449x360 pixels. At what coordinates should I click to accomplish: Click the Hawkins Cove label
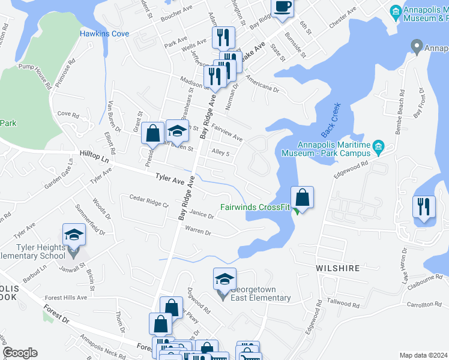[x=104, y=34]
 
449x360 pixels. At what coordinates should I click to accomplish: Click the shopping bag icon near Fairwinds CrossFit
[x=303, y=197]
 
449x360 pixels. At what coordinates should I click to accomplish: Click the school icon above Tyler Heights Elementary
[x=74, y=235]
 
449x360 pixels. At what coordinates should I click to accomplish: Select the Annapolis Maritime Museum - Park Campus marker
[x=378, y=146]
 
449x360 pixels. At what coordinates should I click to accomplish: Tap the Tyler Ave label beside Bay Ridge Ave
[x=169, y=178]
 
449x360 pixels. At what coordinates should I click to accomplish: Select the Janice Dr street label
[x=201, y=214]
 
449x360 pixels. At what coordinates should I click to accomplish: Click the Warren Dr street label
[x=199, y=230]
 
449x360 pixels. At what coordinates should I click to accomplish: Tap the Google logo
[x=20, y=353]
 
